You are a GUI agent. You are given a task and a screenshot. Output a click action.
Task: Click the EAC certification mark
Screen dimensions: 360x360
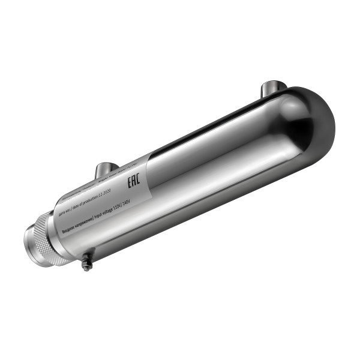click(x=134, y=181)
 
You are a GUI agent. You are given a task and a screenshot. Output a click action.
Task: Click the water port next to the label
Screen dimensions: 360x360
click(x=107, y=168)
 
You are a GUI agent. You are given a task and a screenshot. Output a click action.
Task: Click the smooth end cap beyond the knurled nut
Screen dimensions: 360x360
click(x=30, y=243)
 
